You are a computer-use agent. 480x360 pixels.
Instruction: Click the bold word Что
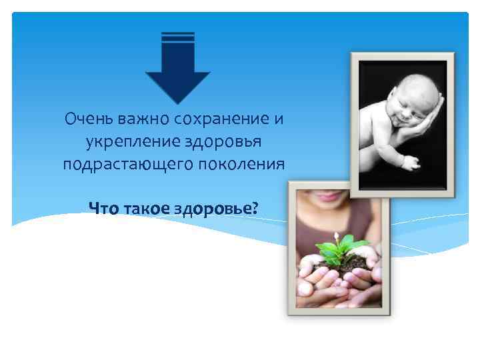(x=104, y=209)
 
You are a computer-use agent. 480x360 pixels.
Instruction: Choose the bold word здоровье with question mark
(x=216, y=209)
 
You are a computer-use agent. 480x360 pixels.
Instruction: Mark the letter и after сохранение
(x=278, y=120)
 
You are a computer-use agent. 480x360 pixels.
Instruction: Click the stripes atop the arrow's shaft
(x=178, y=37)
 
